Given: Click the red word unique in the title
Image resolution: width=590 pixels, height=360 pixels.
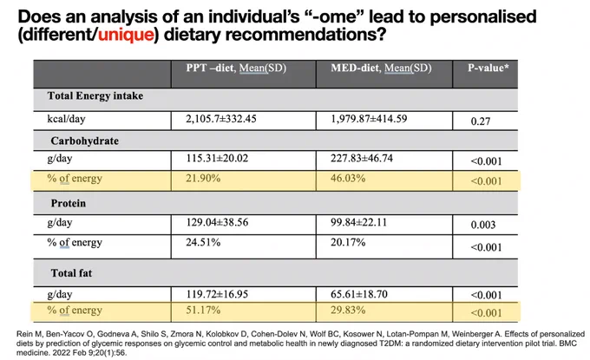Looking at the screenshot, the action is click(x=126, y=35).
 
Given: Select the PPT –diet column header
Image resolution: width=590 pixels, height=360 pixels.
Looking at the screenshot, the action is click(x=236, y=68).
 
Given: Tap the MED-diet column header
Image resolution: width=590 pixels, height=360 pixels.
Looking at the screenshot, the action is click(x=381, y=68).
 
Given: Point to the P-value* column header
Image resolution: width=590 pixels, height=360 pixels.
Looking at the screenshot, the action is click(x=488, y=68).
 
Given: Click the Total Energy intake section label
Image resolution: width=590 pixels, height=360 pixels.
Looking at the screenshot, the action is click(x=95, y=96).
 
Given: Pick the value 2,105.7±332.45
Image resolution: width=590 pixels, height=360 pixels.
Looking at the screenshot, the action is click(x=221, y=119).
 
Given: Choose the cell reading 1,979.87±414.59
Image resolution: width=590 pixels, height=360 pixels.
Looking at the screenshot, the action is click(x=369, y=119).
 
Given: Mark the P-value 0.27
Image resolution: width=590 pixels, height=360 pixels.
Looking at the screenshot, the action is click(x=481, y=121).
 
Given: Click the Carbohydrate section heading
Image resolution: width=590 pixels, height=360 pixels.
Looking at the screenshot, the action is click(x=85, y=141).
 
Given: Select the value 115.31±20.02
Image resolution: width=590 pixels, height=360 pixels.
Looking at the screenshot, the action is click(x=217, y=159).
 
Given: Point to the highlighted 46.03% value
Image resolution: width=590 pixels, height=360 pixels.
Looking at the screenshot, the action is click(x=348, y=179).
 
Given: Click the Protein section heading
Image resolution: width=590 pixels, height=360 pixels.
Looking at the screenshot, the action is click(x=69, y=204).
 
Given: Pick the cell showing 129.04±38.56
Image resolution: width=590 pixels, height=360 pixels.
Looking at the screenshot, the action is click(x=217, y=222).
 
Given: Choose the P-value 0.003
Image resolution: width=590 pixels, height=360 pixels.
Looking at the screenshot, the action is click(x=483, y=225).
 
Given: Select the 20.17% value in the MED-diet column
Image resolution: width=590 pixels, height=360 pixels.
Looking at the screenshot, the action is click(x=348, y=242).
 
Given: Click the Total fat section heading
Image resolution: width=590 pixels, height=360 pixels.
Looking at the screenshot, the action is click(x=71, y=273).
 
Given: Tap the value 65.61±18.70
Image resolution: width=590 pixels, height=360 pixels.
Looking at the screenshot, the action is click(x=359, y=294).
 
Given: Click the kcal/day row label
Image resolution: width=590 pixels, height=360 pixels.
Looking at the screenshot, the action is click(x=66, y=119).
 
